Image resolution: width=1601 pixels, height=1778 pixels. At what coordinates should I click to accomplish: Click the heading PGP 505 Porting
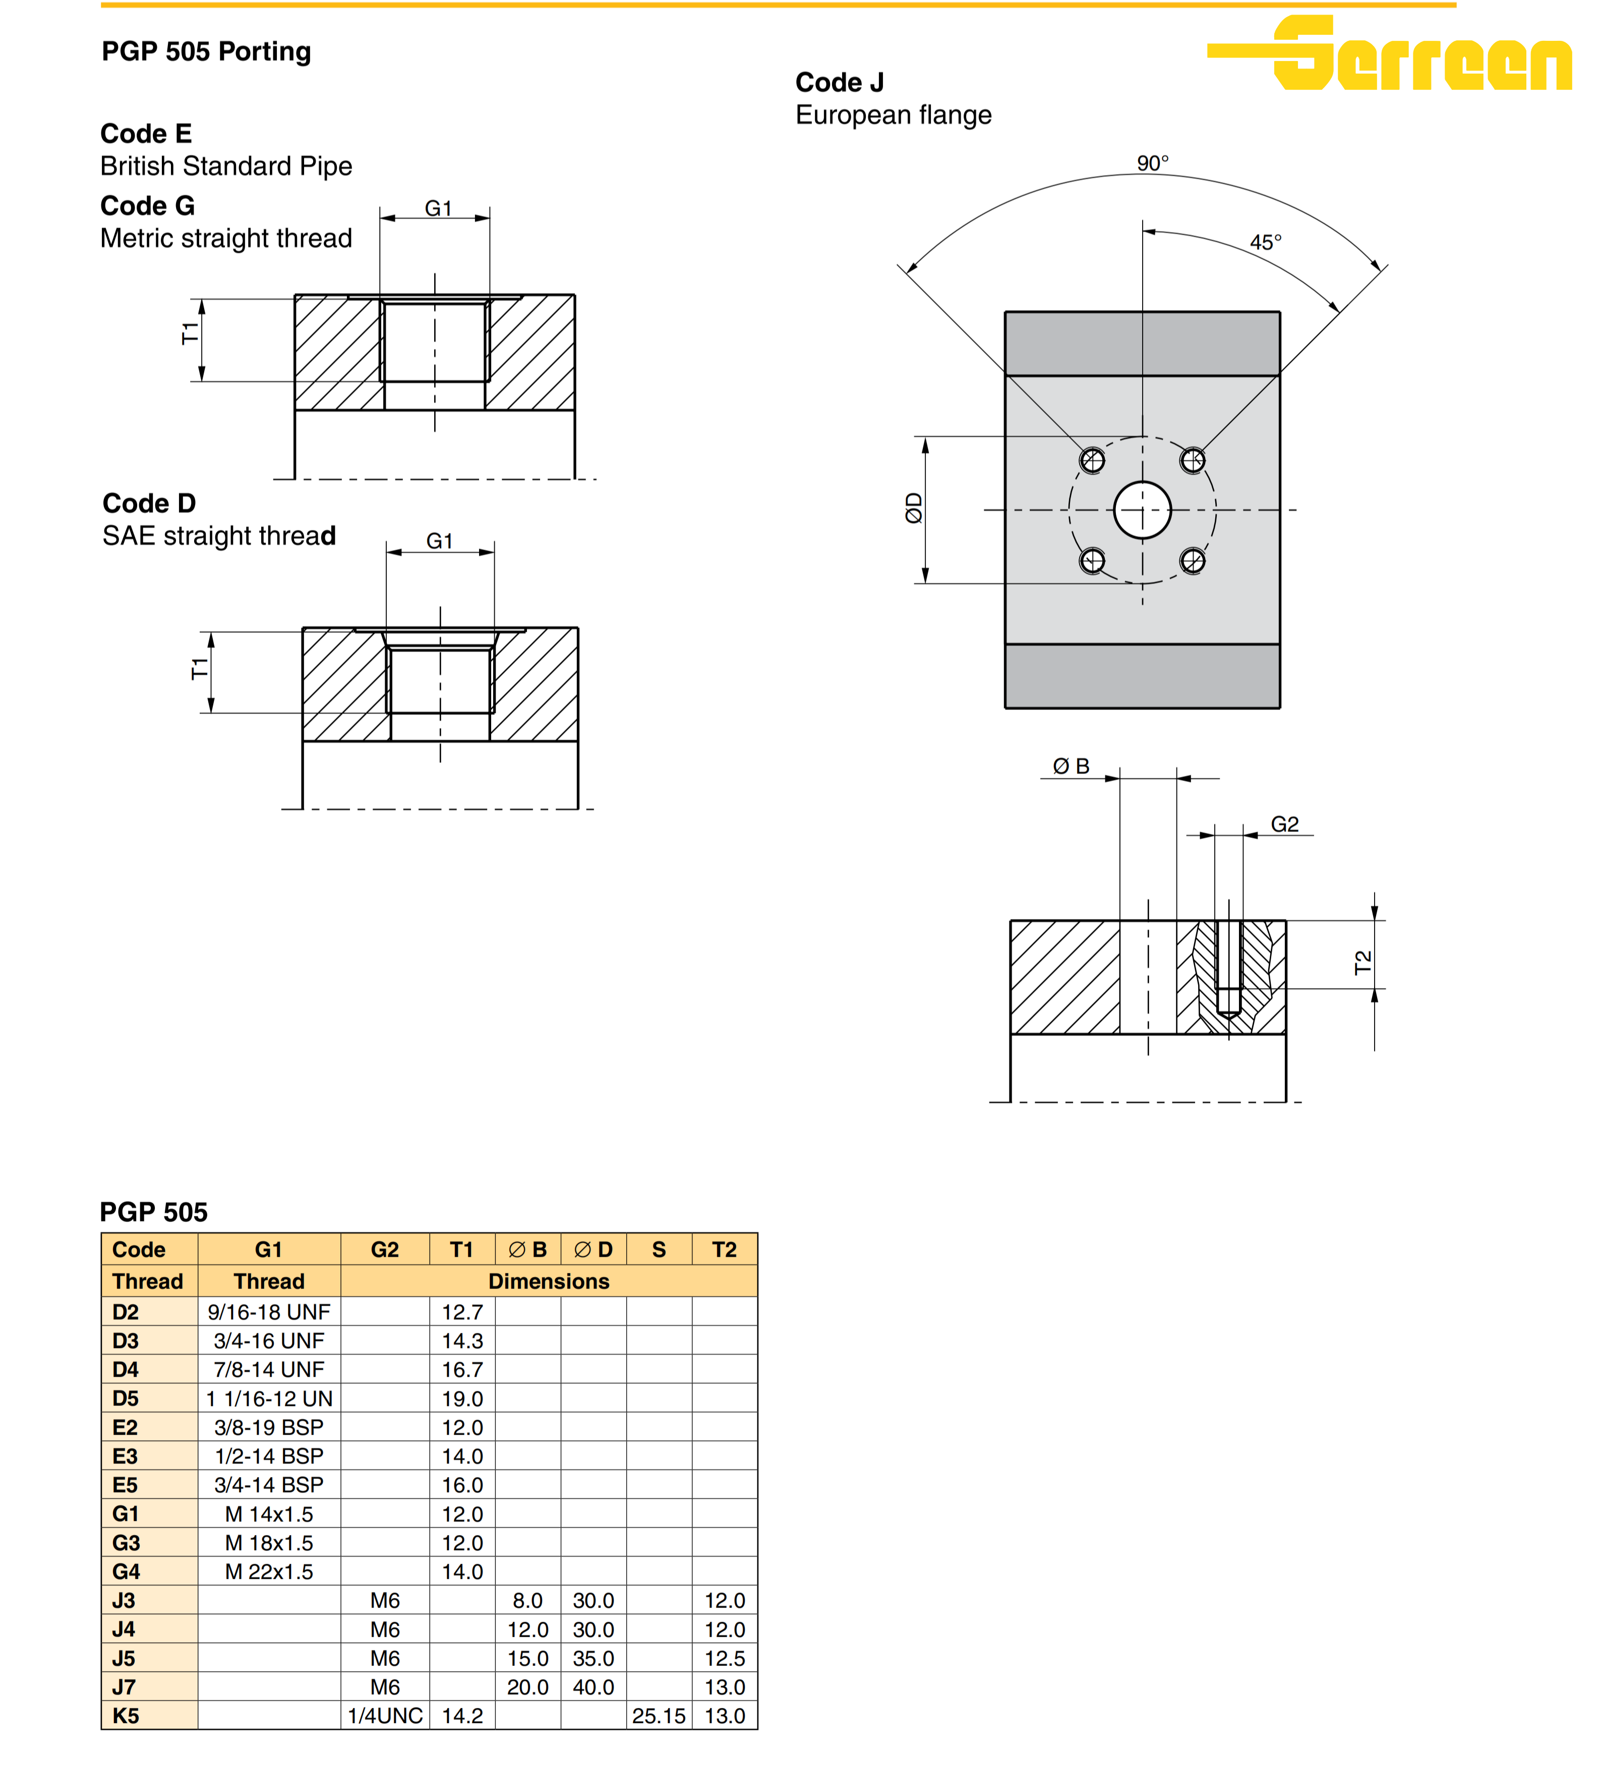tap(206, 51)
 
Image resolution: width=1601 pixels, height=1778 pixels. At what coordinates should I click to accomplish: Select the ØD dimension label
tap(914, 508)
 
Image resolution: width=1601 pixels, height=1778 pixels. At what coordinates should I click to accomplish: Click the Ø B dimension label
tap(1071, 766)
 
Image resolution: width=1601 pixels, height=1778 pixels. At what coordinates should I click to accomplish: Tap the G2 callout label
tap(1284, 824)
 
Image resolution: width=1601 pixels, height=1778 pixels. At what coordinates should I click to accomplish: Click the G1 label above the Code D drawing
tap(439, 541)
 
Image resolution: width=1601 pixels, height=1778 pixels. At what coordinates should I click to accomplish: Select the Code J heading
tap(839, 83)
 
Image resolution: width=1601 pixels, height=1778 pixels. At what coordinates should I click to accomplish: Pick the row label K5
tap(125, 1716)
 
